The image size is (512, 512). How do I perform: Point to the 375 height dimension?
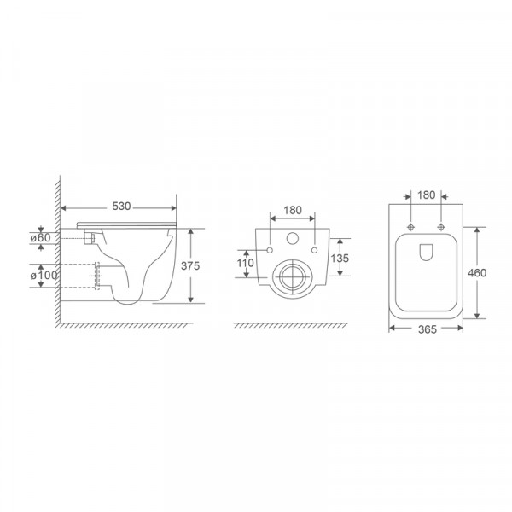point(191,265)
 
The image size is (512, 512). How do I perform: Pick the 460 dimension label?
point(478,273)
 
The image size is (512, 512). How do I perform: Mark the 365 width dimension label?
point(427,329)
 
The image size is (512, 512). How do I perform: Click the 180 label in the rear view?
point(293,209)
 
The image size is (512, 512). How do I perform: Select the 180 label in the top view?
point(427,195)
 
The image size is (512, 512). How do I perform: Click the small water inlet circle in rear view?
point(292,239)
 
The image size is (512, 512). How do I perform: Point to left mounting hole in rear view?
point(269,249)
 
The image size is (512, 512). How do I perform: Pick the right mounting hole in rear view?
point(315,249)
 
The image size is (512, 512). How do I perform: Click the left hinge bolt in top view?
point(411,228)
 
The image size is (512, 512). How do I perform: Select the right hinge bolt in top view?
point(441,228)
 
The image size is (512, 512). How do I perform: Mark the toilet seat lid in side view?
point(128,224)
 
